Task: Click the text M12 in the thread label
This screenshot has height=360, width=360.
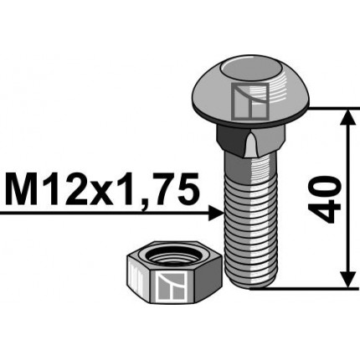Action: tap(43, 190)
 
